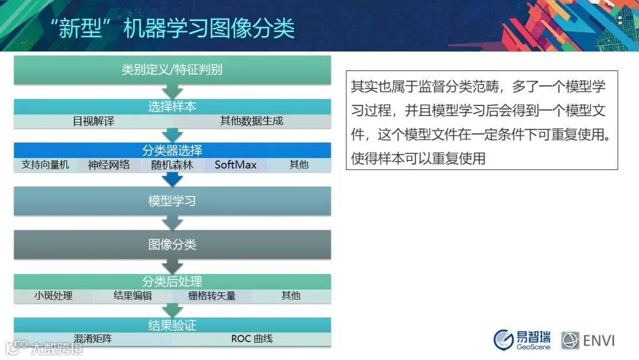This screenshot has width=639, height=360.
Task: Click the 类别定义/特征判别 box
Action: click(172, 70)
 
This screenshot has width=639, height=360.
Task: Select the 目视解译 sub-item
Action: click(93, 121)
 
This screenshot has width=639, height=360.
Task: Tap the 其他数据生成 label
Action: click(251, 121)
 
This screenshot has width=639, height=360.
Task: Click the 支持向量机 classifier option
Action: click(45, 165)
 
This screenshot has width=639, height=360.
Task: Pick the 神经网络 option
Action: click(109, 165)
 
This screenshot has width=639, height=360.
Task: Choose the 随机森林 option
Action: click(172, 165)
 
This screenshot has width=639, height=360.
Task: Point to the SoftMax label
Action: click(235, 165)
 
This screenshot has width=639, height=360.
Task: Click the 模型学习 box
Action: click(172, 201)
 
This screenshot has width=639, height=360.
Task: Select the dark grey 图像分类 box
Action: click(172, 245)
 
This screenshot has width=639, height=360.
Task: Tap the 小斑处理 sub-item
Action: click(53, 295)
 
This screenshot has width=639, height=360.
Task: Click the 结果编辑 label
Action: click(133, 295)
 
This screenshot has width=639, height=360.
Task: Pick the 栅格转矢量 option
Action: click(212, 295)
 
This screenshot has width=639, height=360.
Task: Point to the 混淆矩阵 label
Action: click(93, 339)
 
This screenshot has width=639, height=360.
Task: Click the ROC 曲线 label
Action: click(251, 339)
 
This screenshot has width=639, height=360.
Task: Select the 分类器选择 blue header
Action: click(172, 150)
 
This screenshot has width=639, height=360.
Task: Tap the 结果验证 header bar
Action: click(172, 325)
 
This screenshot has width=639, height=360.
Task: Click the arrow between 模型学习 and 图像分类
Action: click(172, 223)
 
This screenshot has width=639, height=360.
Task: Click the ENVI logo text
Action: click(599, 340)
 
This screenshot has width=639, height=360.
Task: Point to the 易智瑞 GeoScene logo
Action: click(522, 339)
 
